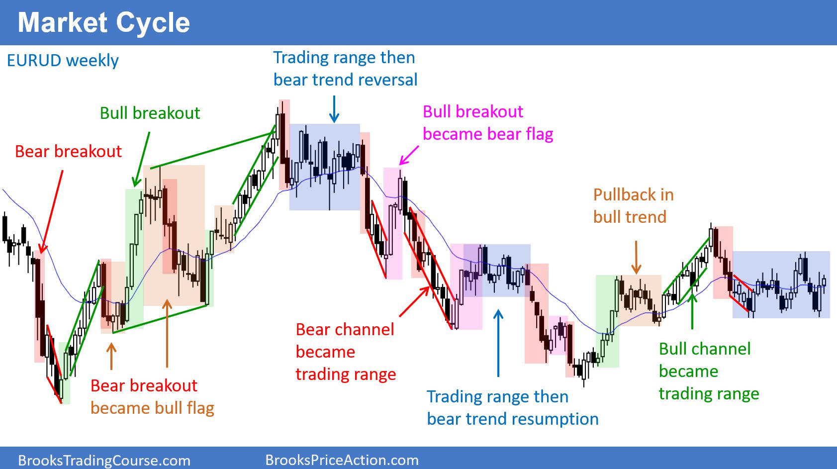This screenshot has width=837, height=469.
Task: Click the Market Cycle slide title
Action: point(104,22)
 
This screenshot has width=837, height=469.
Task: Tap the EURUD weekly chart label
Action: point(63,61)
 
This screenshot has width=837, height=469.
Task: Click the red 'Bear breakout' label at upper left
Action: point(68,151)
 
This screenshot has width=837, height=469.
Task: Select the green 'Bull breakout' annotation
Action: point(150,113)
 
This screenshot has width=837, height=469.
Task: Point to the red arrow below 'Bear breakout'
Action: point(51,212)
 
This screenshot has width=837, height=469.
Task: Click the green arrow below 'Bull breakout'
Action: point(141,159)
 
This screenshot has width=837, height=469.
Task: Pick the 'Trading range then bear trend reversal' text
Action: point(345,69)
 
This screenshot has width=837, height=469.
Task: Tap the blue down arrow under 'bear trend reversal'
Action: point(334,109)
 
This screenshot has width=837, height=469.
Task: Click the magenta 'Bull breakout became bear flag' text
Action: point(487,123)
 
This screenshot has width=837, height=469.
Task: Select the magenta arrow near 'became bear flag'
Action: point(409,155)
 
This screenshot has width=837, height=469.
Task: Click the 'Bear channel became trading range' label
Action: point(346,352)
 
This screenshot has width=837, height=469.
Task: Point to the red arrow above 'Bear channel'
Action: point(414,301)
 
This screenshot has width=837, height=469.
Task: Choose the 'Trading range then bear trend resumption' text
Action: point(513,408)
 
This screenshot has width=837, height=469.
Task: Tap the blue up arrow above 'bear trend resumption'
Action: point(498,343)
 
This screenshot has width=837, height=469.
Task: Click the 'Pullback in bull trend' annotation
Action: point(634,206)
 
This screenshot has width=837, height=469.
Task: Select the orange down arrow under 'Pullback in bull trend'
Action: point(636,257)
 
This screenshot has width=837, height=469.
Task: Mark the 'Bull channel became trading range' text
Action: point(709,371)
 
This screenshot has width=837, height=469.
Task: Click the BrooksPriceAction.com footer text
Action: point(342,460)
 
